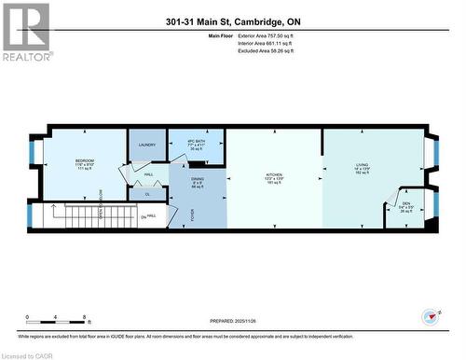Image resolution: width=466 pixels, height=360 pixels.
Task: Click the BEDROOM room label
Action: click(x=85, y=160)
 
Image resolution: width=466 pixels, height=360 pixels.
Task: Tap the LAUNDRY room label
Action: click(x=146, y=145)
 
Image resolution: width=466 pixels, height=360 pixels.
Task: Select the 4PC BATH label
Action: click(x=197, y=141)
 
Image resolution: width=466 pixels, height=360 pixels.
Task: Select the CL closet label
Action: click(x=148, y=195)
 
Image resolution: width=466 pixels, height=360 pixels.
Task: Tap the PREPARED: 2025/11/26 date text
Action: click(x=232, y=321)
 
